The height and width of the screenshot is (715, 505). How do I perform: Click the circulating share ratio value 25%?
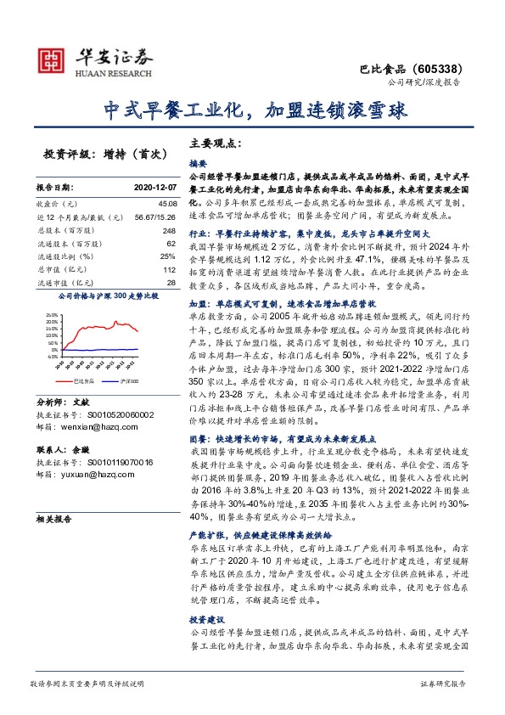point(168,256)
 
